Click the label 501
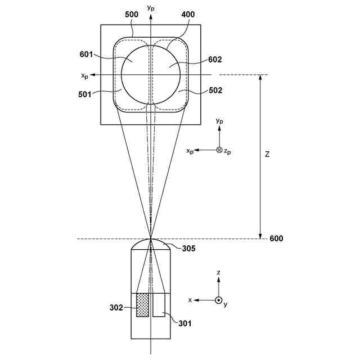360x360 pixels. click(85, 94)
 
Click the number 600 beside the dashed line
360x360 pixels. click(276, 238)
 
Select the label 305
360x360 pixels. click(188, 248)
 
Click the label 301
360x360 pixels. click(184, 323)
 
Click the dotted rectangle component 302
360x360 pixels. click(142, 305)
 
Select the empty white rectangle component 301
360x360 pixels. click(159, 305)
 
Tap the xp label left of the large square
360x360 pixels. click(84, 76)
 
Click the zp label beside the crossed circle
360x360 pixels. click(227, 151)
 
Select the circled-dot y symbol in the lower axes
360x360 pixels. click(218, 300)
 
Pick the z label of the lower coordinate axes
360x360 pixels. click(218, 272)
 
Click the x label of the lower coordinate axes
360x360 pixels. click(191, 300)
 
